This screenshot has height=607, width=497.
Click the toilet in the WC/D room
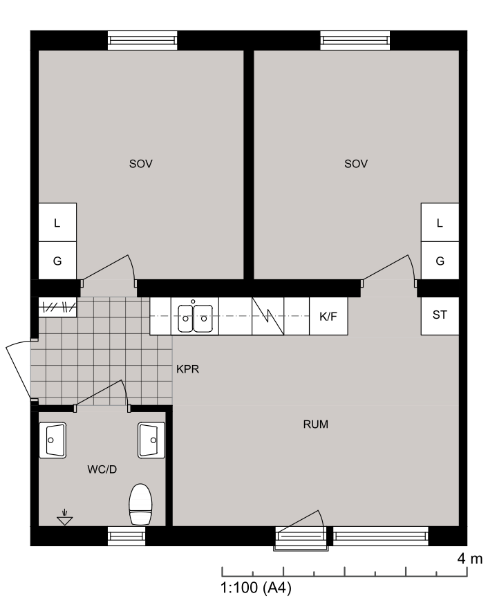click(x=140, y=504)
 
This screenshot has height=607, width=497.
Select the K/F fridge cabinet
click(x=328, y=316)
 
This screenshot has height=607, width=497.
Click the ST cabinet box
click(x=440, y=315)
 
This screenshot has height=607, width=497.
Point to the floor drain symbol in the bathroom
click(x=65, y=519)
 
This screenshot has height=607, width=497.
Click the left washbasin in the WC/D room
click(x=53, y=440)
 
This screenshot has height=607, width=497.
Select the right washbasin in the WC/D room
click(x=151, y=440)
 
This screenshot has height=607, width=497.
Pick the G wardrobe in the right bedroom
click(x=440, y=261)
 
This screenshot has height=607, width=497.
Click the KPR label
click(x=188, y=369)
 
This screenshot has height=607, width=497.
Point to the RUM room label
click(x=316, y=424)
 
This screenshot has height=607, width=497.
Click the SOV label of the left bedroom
click(x=141, y=164)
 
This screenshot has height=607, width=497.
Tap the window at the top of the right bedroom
click(x=355, y=40)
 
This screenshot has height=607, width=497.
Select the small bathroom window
click(x=126, y=536)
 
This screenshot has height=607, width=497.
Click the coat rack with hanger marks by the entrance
click(x=57, y=308)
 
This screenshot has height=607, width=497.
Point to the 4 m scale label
click(x=470, y=559)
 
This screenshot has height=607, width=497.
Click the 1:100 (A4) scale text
click(x=256, y=588)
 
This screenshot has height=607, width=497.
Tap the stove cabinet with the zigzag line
click(x=268, y=316)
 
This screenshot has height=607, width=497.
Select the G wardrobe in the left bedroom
click(x=57, y=261)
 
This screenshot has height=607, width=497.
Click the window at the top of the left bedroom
click(x=142, y=40)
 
